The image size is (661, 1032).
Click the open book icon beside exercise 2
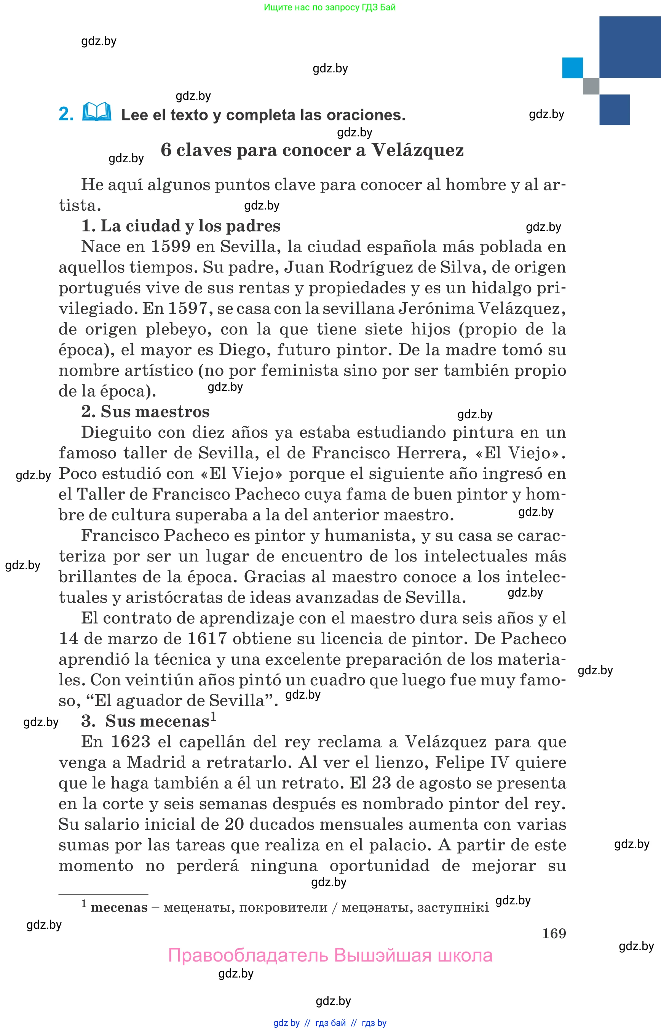click(97, 112)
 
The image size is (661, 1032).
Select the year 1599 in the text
click(171, 246)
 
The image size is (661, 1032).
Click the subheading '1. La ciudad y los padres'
click(181, 226)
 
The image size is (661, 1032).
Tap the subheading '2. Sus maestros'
click(145, 411)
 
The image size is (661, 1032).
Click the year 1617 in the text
click(207, 638)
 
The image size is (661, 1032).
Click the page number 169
click(554, 933)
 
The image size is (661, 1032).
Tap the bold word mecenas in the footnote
click(119, 907)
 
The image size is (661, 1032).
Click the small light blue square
click(572, 68)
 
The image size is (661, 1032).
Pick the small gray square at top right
click(591, 86)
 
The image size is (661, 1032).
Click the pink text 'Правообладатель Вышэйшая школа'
click(330, 955)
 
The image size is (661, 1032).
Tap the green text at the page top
click(330, 7)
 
